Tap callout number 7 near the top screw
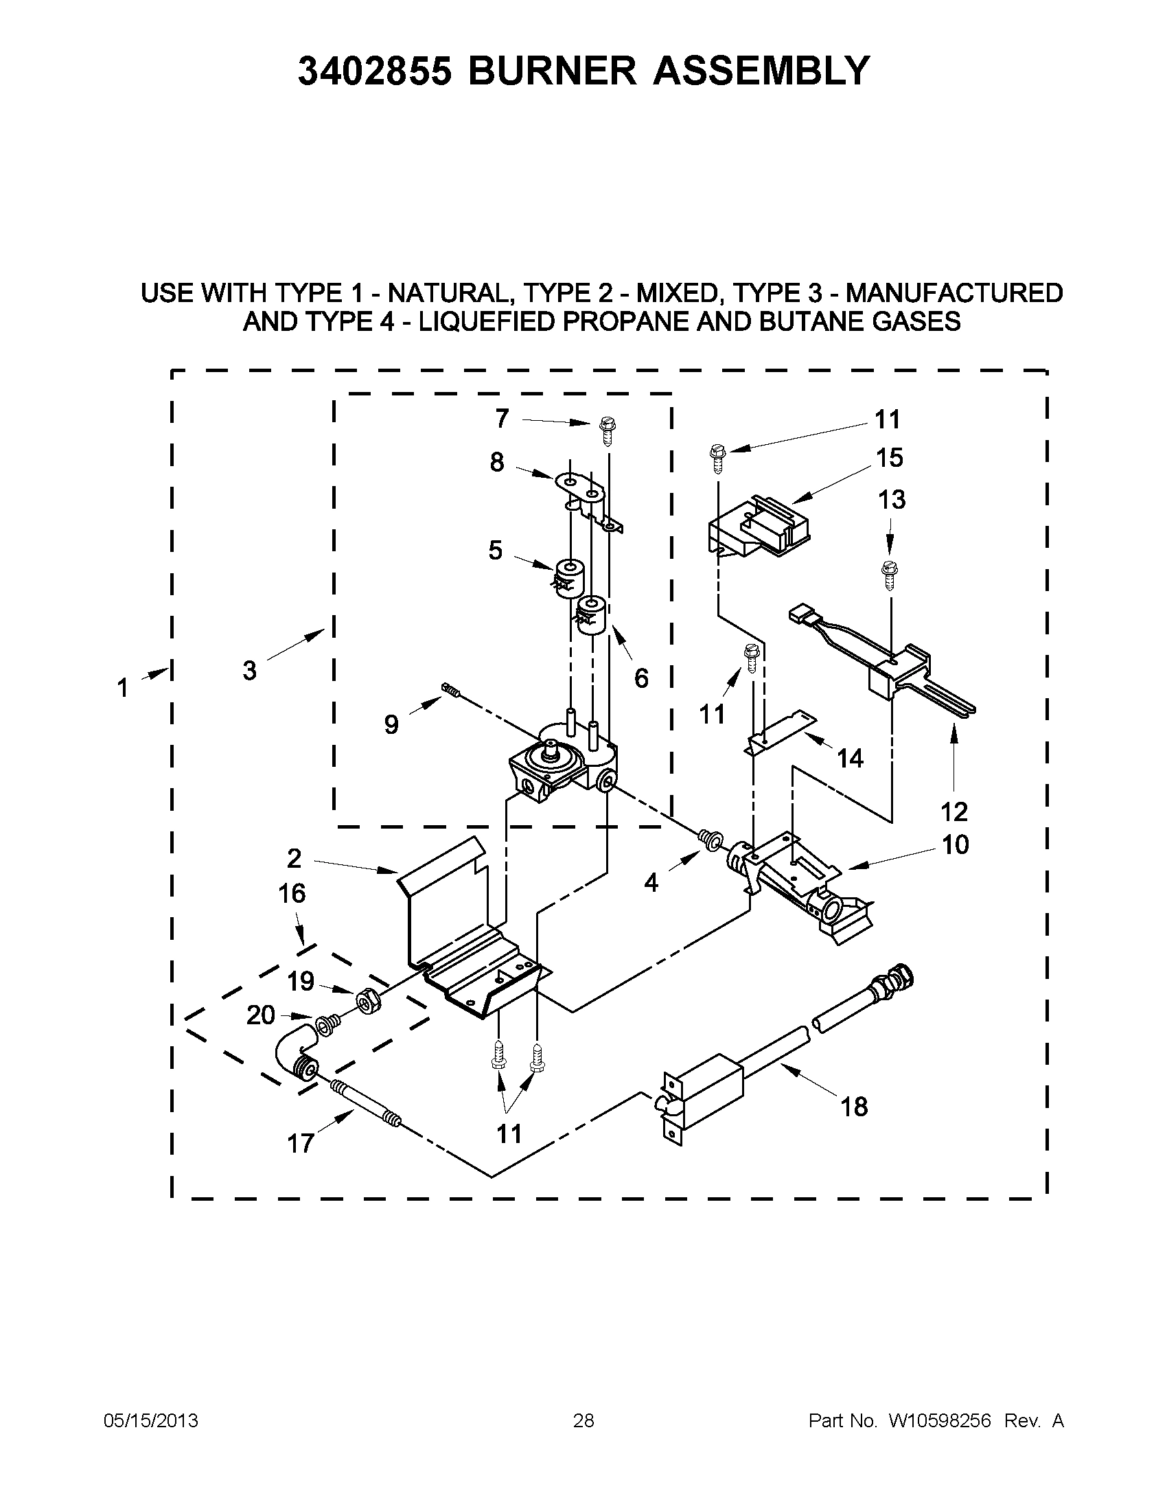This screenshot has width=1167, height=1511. [x=502, y=418]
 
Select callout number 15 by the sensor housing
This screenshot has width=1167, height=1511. [x=890, y=457]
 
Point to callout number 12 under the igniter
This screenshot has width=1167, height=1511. [x=956, y=811]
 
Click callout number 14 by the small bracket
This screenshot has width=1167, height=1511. [x=850, y=759]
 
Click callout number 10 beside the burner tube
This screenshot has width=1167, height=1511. [x=956, y=845]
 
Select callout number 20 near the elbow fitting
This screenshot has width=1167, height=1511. [x=261, y=1015]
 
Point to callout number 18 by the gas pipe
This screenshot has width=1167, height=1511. [x=855, y=1107]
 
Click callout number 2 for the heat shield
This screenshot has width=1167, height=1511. [x=294, y=859]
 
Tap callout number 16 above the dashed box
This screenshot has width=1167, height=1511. [x=292, y=893]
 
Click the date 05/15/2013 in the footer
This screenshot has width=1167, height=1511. [x=151, y=1421]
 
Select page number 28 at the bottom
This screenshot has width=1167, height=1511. [x=583, y=1421]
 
